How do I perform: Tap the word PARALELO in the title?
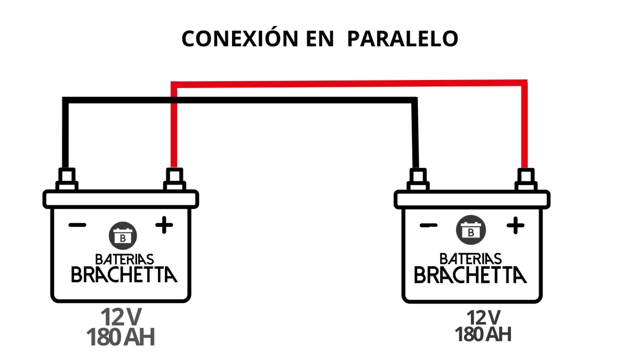(402, 39)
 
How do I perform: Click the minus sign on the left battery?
(77, 225)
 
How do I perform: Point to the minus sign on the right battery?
(429, 225)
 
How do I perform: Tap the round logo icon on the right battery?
(471, 230)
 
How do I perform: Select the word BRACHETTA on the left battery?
(124, 275)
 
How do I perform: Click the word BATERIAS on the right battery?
(471, 259)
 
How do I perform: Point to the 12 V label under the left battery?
(122, 317)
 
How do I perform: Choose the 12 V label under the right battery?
(483, 317)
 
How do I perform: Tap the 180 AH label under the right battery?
(483, 334)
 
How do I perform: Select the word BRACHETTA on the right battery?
(470, 275)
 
